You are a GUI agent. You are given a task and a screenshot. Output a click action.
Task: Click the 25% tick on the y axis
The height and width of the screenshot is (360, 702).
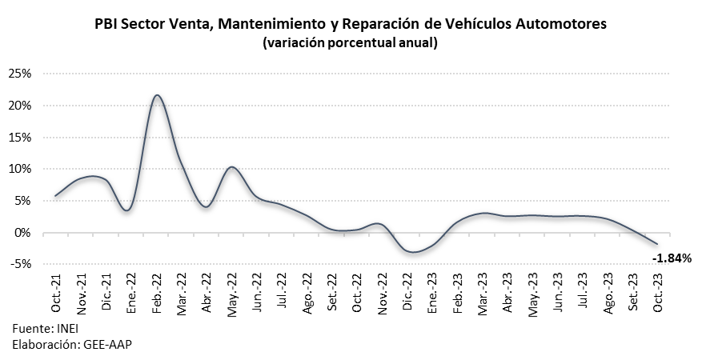pyautogui.click(x=20, y=74)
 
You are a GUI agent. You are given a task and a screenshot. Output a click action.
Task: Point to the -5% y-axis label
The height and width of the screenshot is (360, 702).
pyautogui.click(x=20, y=265)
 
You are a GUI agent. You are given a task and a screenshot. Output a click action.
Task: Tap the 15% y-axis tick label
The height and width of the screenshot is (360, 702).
pyautogui.click(x=20, y=138)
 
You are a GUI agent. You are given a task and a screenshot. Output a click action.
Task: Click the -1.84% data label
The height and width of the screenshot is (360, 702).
pyautogui.click(x=671, y=258)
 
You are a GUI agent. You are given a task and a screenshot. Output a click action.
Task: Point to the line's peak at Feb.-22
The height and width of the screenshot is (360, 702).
pyautogui.click(x=157, y=95)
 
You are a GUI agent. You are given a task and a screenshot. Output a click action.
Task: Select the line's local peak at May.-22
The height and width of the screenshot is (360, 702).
pyautogui.click(x=231, y=167)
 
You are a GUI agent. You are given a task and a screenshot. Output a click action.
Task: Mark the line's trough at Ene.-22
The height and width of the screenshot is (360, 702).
pyautogui.click(x=127, y=210)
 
